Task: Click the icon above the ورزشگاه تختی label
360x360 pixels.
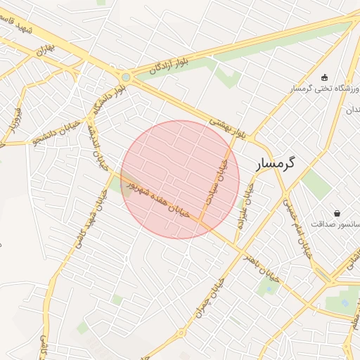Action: pos(324,77)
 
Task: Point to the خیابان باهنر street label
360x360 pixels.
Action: pos(261,266)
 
